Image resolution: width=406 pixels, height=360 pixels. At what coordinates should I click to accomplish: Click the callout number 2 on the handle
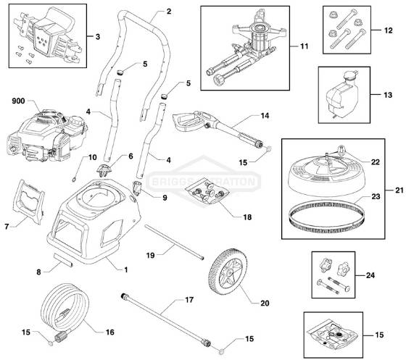tap(169, 12)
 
